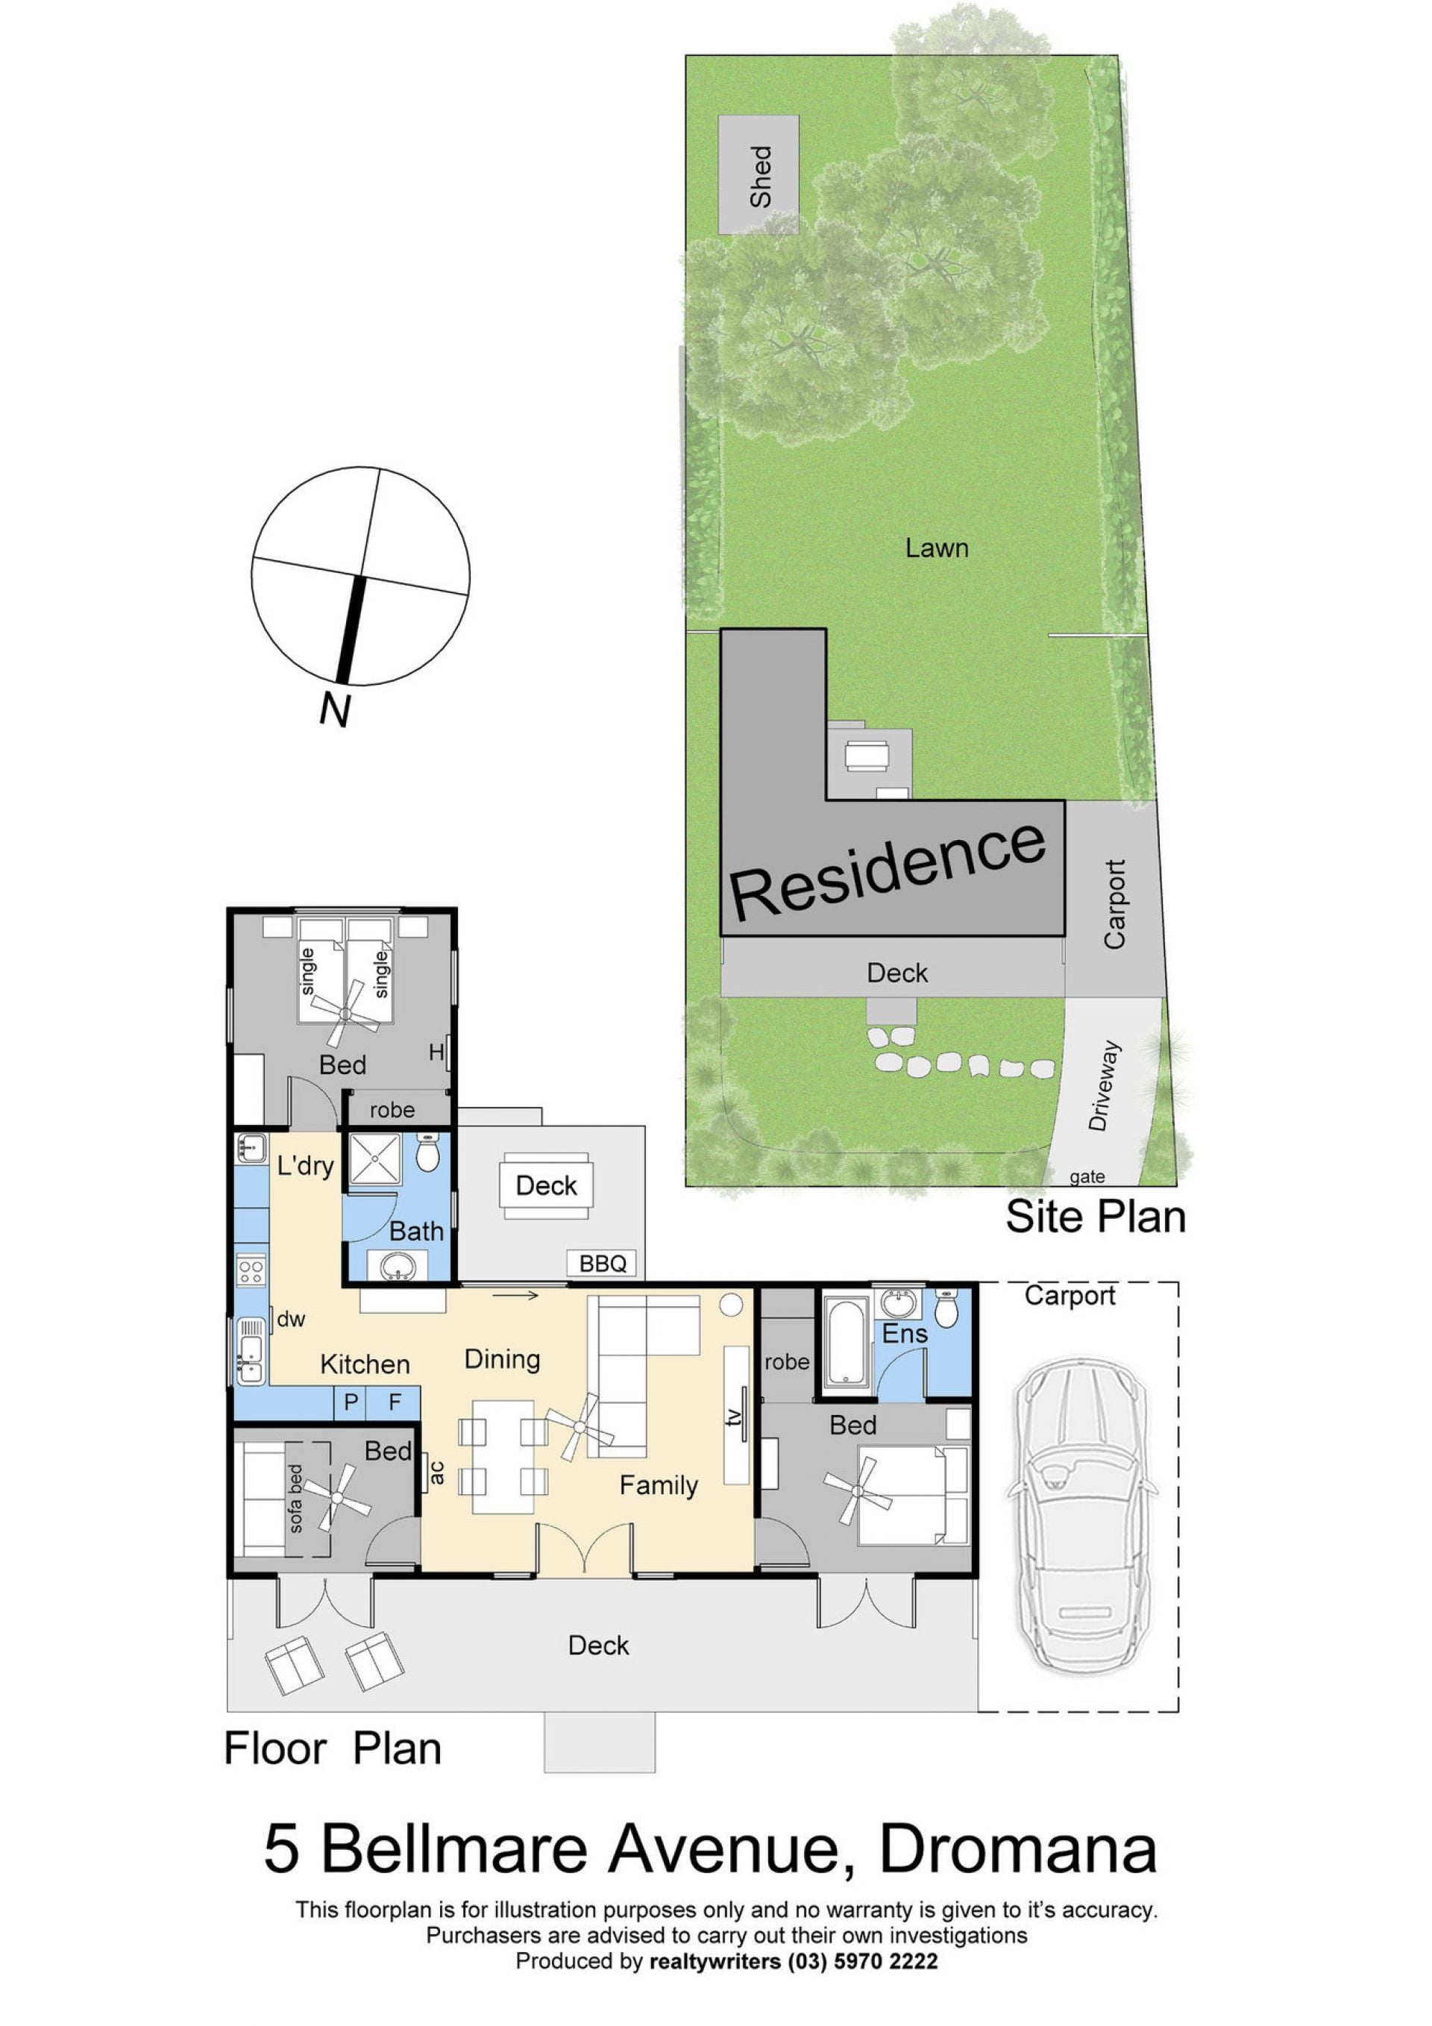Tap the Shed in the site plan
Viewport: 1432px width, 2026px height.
coord(759,175)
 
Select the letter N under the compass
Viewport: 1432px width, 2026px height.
coord(336,709)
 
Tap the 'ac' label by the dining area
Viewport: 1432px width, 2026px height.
coord(436,1471)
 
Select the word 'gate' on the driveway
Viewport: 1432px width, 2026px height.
coord(1086,1176)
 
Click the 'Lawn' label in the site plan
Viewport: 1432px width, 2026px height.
coord(937,548)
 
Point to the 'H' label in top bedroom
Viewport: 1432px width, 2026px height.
coord(436,1052)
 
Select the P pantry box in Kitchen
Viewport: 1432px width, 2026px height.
coord(351,1402)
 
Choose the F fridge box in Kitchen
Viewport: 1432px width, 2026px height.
coord(394,1402)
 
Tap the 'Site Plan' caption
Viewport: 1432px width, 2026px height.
coord(1096,1216)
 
